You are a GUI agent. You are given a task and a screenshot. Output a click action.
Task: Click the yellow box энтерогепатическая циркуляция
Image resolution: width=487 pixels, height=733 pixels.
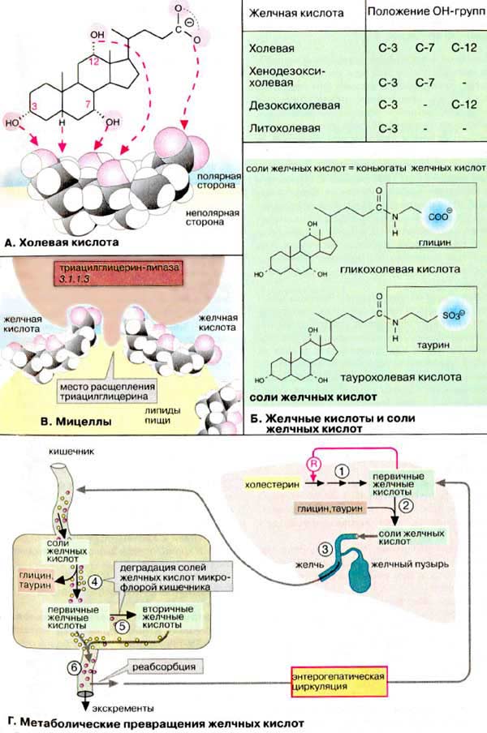pyautogui.click(x=336, y=680)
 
